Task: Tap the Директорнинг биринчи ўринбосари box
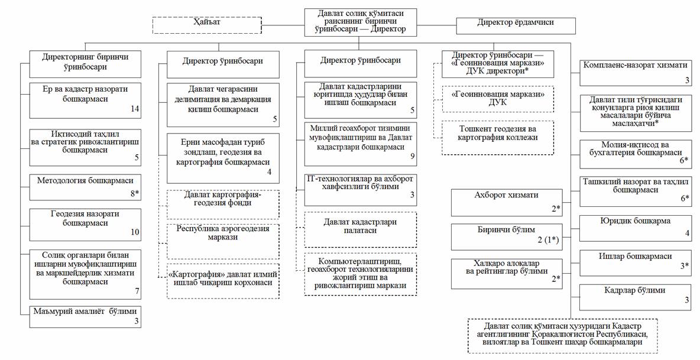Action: pyautogui.click(x=85, y=64)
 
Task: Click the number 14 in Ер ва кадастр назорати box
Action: pyautogui.click(x=135, y=109)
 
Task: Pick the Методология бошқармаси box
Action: pyautogui.click(x=85, y=186)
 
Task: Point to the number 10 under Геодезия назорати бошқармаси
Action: pyautogui.click(x=135, y=232)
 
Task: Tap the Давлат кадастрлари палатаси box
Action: pyautogui.click(x=360, y=230)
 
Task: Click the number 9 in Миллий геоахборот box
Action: pyautogui.click(x=413, y=157)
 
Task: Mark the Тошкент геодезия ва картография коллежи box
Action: pyautogui.click(x=498, y=138)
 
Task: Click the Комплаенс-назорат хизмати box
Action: pyautogui.click(x=634, y=72)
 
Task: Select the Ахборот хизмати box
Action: pyautogui.click(x=506, y=202)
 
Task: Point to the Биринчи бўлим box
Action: pyautogui.click(x=506, y=236)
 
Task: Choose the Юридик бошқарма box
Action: pyautogui.click(x=634, y=227)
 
